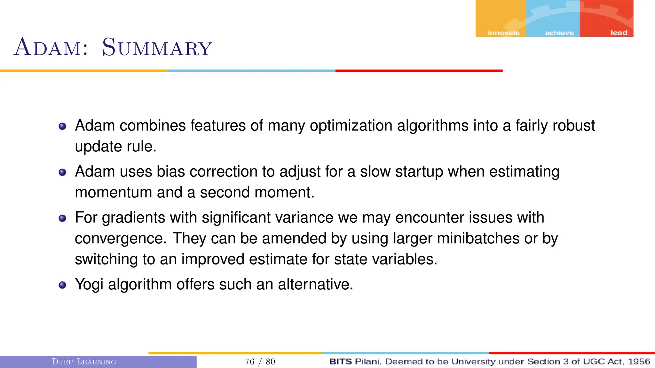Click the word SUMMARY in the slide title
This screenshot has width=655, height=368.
pos(157,48)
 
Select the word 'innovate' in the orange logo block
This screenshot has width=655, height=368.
pos(503,33)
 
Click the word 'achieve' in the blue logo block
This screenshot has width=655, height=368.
pos(559,33)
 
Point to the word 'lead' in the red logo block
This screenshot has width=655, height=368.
pos(619,33)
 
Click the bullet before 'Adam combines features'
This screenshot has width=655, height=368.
pos(62,126)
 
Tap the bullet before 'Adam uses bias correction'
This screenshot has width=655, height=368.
pos(62,172)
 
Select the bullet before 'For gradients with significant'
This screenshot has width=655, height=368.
pos(62,218)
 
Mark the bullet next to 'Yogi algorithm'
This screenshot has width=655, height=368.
pos(62,285)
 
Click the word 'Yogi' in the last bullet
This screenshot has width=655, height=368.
pos(89,284)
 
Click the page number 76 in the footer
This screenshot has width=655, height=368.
pos(249,362)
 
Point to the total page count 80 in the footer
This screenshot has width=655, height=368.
pos(271,362)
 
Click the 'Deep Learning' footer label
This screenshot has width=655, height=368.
pos(84,362)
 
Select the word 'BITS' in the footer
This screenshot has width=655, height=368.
pos(340,362)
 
